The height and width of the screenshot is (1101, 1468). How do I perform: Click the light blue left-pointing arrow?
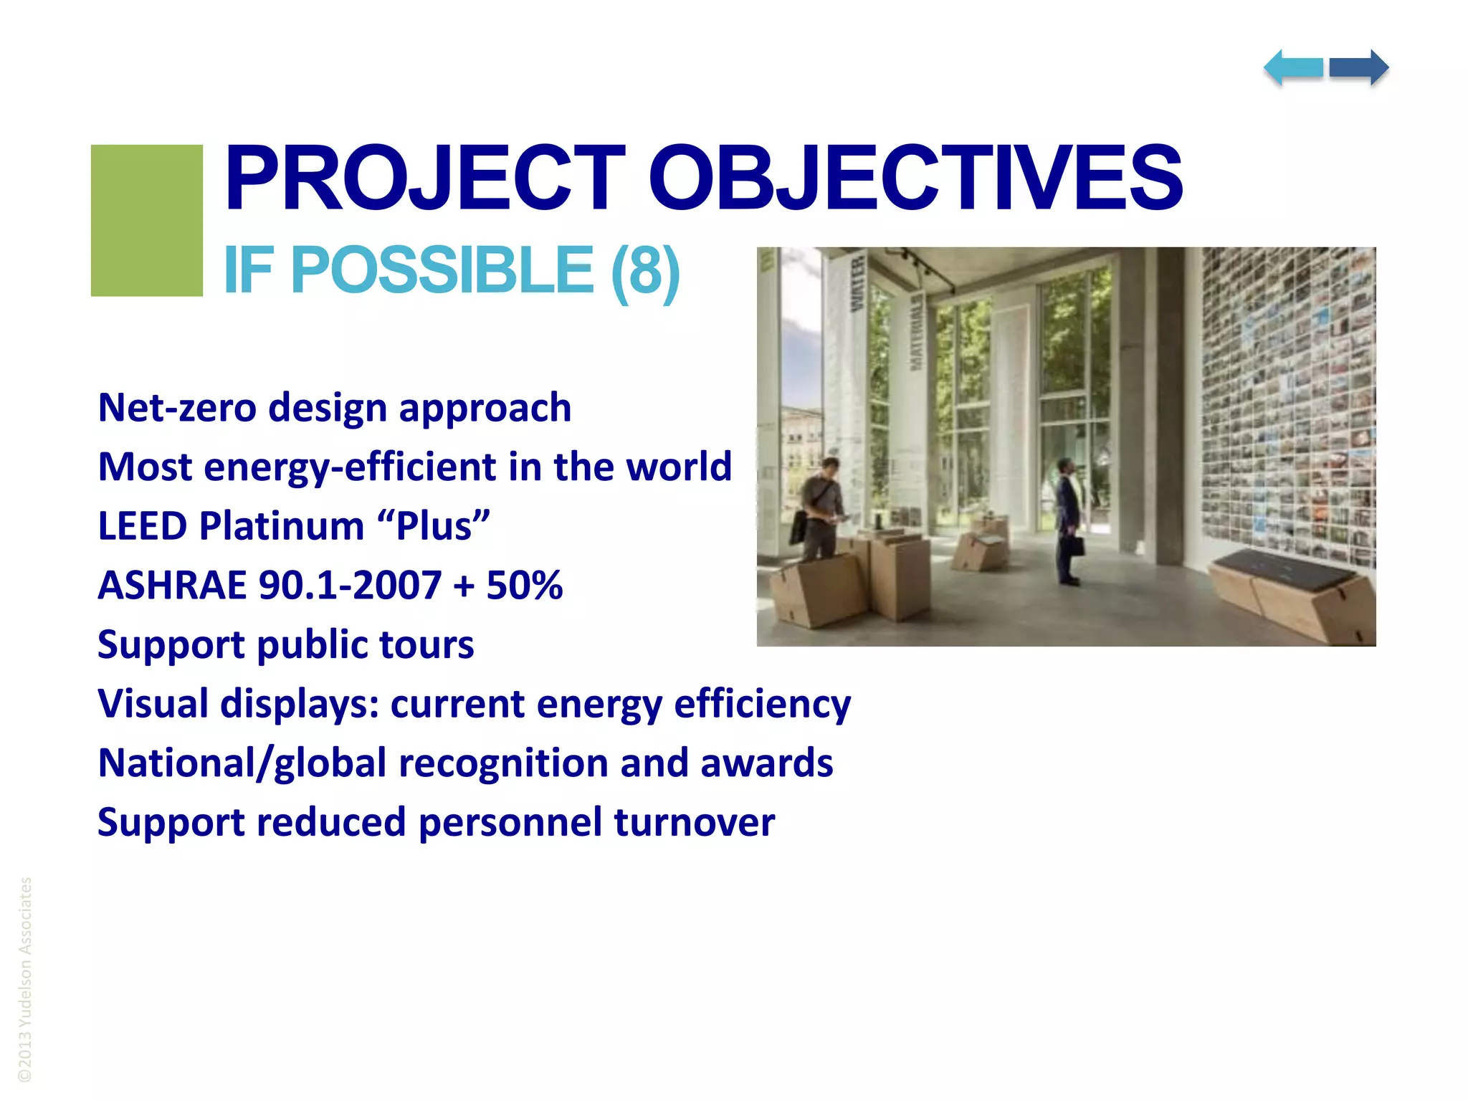click(x=1293, y=68)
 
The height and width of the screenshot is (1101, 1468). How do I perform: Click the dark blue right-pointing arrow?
click(x=1359, y=68)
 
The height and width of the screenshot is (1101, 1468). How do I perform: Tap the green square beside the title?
click(x=146, y=220)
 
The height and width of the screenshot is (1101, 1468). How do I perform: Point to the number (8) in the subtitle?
click(x=644, y=271)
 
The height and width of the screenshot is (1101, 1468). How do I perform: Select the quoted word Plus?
click(x=433, y=526)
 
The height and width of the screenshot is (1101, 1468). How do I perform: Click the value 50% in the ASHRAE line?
click(x=524, y=585)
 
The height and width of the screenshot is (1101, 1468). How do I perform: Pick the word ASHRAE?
click(x=172, y=585)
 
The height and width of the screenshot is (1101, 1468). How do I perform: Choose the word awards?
click(x=766, y=763)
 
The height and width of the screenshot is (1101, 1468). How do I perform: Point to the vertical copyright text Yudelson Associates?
click(x=25, y=978)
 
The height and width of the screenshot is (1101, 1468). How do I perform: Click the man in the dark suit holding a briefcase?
click(x=1068, y=520)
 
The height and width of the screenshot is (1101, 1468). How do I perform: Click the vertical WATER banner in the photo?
click(x=857, y=283)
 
